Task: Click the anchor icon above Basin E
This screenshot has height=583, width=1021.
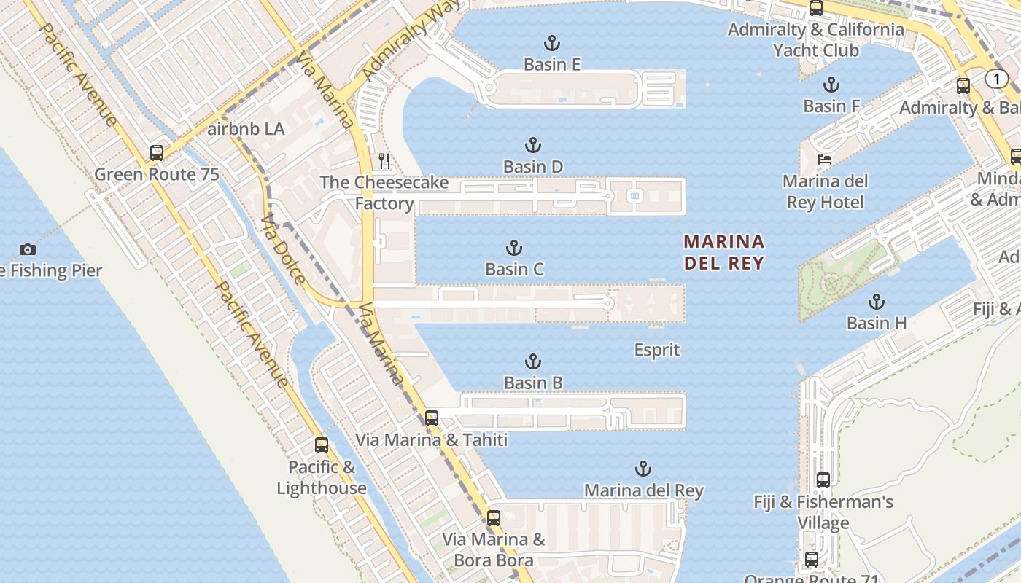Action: [x=552, y=43]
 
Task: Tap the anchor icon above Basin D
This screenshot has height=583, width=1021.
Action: [x=533, y=145]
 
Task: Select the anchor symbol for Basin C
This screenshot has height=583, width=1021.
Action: [x=514, y=248]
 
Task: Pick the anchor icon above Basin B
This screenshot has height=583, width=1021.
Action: [x=533, y=361]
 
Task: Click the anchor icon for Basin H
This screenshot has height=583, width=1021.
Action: [x=877, y=302]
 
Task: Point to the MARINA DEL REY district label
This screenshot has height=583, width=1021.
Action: [x=724, y=252]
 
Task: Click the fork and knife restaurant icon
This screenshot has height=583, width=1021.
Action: [x=385, y=161]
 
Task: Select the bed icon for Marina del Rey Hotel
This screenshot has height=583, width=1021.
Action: [x=825, y=160]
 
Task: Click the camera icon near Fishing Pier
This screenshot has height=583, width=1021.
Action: [x=27, y=249]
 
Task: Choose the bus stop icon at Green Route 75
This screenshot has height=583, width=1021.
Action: [x=157, y=153]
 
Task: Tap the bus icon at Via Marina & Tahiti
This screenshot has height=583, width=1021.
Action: [x=432, y=418]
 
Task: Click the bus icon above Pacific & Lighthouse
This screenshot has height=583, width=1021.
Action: [x=322, y=445]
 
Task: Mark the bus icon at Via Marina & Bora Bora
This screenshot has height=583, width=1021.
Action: [x=494, y=518]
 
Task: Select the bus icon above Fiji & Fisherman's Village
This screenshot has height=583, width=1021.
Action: [x=823, y=480]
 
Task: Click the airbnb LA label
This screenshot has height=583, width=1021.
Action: [x=246, y=130]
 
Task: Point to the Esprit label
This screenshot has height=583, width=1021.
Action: [x=656, y=351]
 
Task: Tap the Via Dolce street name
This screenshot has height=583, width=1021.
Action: [x=283, y=249]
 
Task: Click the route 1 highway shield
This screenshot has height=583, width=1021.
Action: [x=996, y=79]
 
